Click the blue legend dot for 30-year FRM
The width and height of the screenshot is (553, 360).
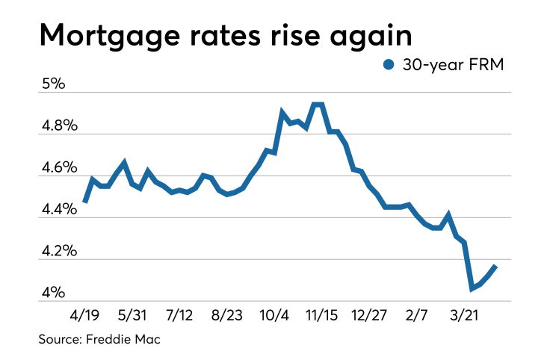coord(388,66)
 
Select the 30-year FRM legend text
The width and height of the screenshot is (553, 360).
coord(454,66)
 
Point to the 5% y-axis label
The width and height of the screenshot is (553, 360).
coord(55,84)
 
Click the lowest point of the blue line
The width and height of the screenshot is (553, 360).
coord(472,288)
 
